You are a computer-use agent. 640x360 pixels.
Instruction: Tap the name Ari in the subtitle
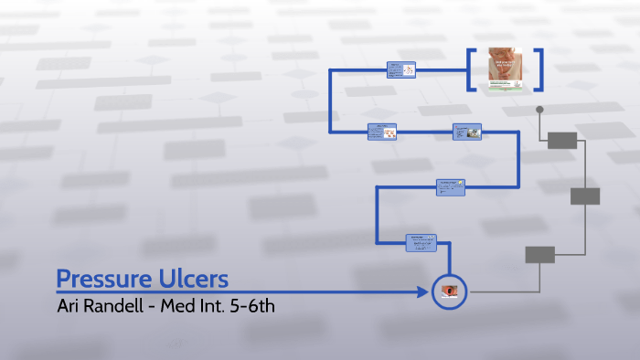tap(70, 305)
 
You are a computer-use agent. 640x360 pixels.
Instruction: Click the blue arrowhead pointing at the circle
tap(422, 292)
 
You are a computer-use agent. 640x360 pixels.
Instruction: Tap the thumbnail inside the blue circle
tap(450, 292)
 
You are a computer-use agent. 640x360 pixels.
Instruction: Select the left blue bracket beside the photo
tap(472, 69)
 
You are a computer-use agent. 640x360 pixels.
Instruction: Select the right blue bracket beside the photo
tap(539, 69)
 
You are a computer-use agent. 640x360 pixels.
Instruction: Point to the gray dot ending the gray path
tap(539, 110)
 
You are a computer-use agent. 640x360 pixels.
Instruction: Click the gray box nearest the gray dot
tap(562, 140)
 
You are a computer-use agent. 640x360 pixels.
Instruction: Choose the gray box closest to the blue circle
tap(539, 255)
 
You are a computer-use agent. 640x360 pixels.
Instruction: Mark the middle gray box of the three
tap(585, 196)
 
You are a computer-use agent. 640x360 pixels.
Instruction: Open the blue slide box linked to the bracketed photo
tap(401, 69)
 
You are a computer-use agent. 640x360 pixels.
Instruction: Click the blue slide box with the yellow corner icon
tap(451, 186)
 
